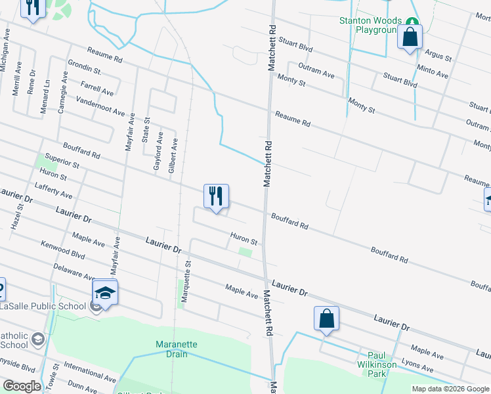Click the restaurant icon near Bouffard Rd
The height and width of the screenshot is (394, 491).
tap(216, 196)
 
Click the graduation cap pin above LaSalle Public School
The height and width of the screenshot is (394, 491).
tap(105, 292)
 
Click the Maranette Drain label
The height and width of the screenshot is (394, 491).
tap(176, 349)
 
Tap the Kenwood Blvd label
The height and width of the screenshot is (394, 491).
tap(63, 251)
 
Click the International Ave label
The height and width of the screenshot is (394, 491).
tap(91, 374)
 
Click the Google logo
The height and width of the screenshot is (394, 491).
tap(22, 386)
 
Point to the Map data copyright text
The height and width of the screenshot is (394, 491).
tap(450, 389)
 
